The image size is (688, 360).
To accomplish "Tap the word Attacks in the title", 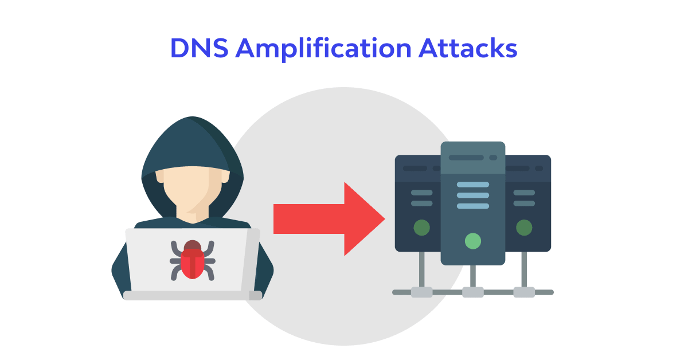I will [x=467, y=49].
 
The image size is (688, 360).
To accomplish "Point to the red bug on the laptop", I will [x=193, y=261].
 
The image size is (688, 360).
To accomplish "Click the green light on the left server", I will [x=421, y=228].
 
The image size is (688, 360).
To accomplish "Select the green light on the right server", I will [x=523, y=228].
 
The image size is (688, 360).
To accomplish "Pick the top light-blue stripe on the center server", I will [x=472, y=185].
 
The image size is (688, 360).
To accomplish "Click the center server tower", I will [x=472, y=218].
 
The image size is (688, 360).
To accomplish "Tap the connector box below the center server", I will [x=472, y=292].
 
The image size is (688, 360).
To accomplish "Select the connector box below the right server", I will [x=523, y=292].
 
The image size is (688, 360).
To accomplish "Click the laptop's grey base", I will [x=193, y=295].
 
